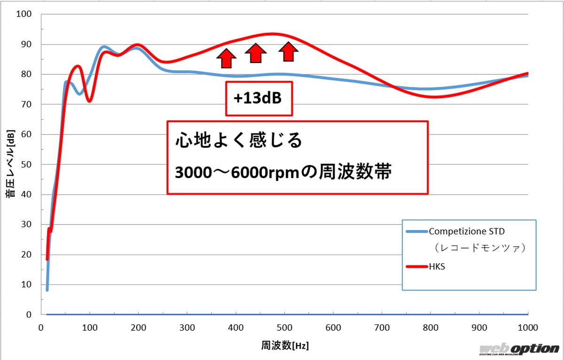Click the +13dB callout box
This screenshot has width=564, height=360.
[x=259, y=99]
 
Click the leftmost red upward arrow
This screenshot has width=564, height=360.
[x=227, y=58]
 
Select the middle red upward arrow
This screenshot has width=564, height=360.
[x=255, y=53]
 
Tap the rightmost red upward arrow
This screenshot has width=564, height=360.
[x=289, y=51]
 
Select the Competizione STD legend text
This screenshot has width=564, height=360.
[x=466, y=231]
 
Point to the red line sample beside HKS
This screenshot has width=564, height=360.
[x=415, y=267]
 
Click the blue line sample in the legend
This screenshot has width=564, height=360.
[x=415, y=231]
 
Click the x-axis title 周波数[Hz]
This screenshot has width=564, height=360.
[x=285, y=346]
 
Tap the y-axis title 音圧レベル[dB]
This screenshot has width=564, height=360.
[x=10, y=164]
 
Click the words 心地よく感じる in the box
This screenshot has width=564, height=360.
[x=238, y=141]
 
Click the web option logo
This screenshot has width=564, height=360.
[x=519, y=349]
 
